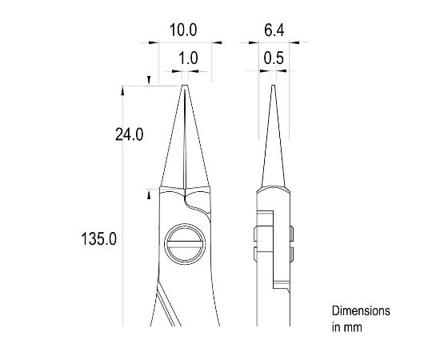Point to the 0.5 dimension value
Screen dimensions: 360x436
273,58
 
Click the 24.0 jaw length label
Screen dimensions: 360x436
129,135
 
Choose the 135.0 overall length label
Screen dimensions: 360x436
100,238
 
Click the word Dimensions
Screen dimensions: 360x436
361,310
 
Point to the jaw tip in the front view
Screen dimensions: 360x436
185,88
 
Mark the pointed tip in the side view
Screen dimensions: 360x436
273,88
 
